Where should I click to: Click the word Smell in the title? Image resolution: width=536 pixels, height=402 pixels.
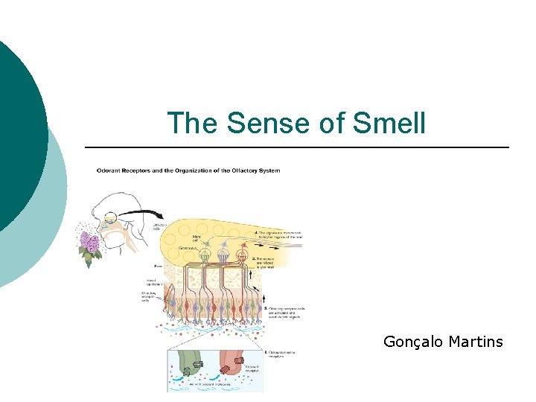[x=389, y=123]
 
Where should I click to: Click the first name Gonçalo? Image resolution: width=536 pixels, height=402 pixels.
[x=412, y=342]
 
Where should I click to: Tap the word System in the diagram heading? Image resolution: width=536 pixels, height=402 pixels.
[x=269, y=170]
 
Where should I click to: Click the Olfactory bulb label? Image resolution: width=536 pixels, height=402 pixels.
[x=160, y=226]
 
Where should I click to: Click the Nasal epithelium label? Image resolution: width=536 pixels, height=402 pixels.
[x=156, y=283]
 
